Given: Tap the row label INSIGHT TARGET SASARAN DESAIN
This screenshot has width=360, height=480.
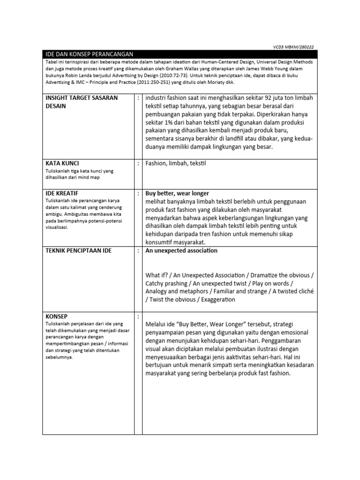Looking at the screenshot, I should coord(81,102).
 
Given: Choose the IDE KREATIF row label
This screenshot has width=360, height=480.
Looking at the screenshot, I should coord(62,193).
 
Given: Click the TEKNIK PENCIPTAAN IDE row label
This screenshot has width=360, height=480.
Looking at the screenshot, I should coord(79,251).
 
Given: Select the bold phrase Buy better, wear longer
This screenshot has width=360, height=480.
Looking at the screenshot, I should coord(177,193).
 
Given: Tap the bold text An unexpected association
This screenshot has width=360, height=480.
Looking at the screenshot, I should coord(181,251).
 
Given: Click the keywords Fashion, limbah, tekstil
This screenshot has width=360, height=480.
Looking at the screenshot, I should coord(176,164).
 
